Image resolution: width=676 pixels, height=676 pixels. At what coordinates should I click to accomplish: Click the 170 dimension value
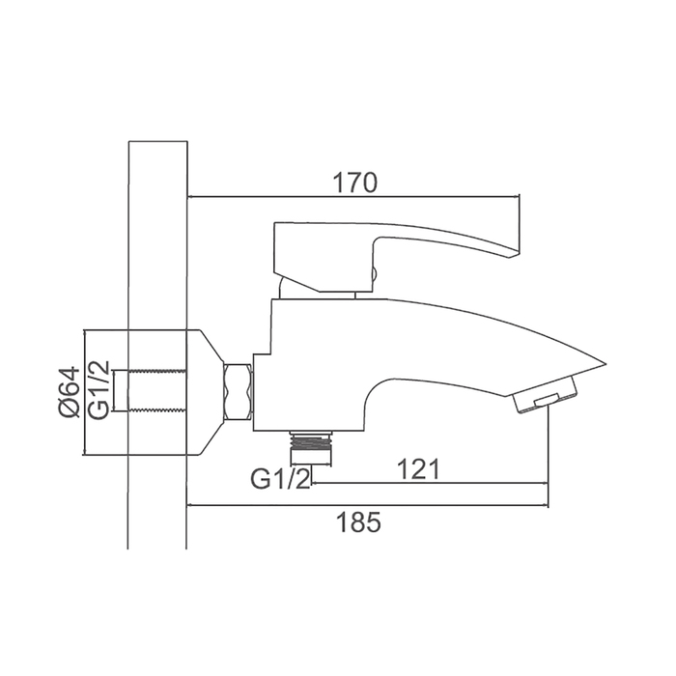354,183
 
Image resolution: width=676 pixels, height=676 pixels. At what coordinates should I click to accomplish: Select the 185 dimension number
358,522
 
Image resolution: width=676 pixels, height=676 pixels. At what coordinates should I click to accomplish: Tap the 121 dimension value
418,469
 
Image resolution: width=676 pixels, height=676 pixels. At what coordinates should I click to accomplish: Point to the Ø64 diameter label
70,392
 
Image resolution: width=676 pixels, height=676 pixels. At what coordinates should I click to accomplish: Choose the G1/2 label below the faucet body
281,479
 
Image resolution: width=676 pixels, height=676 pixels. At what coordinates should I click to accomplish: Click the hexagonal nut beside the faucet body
238,392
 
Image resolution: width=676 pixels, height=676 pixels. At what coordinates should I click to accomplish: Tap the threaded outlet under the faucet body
310,447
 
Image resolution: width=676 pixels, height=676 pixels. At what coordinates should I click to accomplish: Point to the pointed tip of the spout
606,363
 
